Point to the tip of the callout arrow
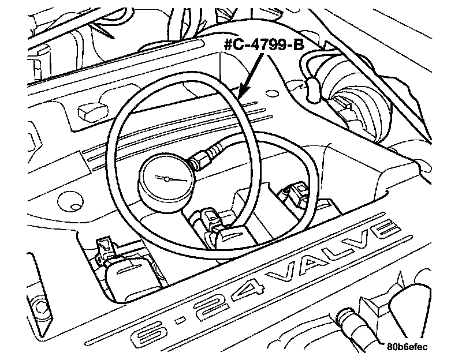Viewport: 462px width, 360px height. (240, 95)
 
